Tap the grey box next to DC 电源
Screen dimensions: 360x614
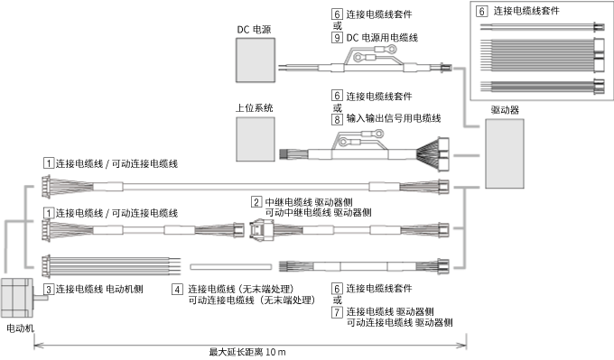(x=256, y=61)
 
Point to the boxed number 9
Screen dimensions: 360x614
(x=337, y=38)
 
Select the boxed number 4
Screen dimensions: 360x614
(x=178, y=289)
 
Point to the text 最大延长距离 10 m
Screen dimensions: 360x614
(x=247, y=351)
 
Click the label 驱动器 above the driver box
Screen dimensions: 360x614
(x=504, y=109)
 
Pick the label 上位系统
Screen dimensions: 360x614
(x=254, y=106)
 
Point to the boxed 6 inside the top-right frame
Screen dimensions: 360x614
(x=481, y=11)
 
